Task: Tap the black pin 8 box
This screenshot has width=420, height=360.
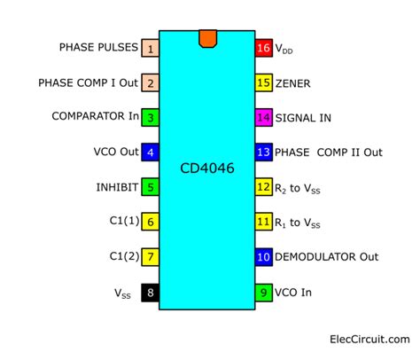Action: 151,291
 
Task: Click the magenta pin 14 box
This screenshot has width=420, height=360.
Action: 263,117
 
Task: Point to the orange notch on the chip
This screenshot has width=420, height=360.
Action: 207,38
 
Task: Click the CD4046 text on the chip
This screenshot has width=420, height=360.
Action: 206,167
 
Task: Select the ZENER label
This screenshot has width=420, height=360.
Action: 294,82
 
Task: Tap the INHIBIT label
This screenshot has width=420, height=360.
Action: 117,187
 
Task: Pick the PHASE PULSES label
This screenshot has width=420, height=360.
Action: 98,47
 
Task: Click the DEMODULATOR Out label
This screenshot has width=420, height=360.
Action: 328,256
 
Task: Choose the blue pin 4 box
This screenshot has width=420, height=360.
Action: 151,152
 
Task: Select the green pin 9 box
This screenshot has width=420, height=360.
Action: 263,291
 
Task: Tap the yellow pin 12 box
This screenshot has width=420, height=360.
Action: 263,187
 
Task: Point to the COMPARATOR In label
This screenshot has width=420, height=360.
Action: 95,116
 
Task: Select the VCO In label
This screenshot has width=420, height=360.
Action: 296,291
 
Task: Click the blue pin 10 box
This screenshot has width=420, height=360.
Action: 263,256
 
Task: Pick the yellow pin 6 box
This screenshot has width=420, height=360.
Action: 151,222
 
